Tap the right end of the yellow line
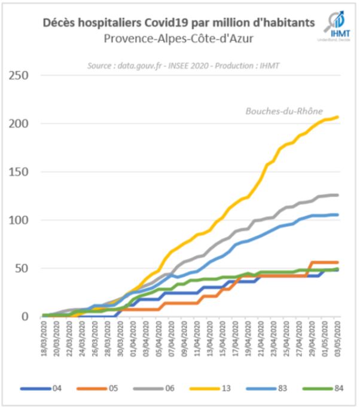338,117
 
